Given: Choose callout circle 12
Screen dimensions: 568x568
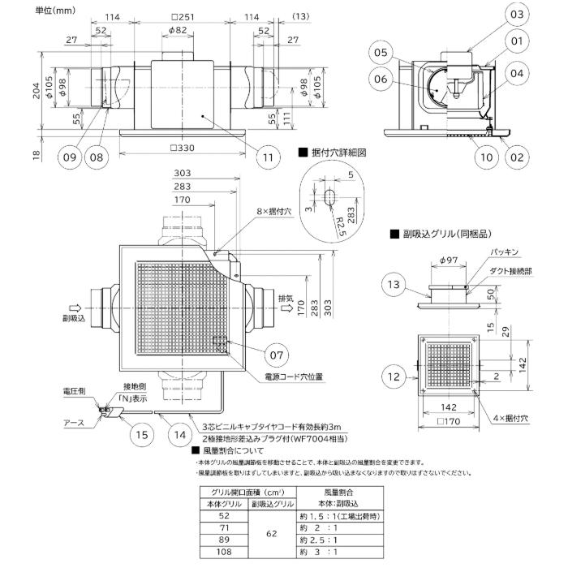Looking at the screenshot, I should pos(395,377).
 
